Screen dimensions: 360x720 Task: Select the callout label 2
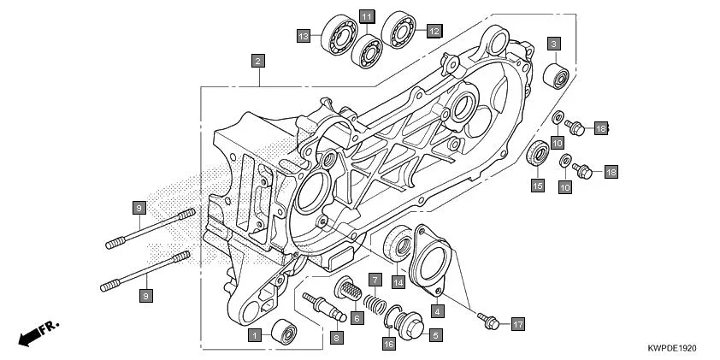coord(257,61)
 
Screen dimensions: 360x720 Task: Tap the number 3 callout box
coord(554,44)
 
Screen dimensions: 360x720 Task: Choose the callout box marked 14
coord(398,281)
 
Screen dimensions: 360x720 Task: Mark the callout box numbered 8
coord(336,338)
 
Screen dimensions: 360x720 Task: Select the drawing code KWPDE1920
coord(673,349)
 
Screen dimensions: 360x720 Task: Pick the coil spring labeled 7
coord(373,302)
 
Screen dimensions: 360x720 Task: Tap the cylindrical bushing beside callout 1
coord(285,330)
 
